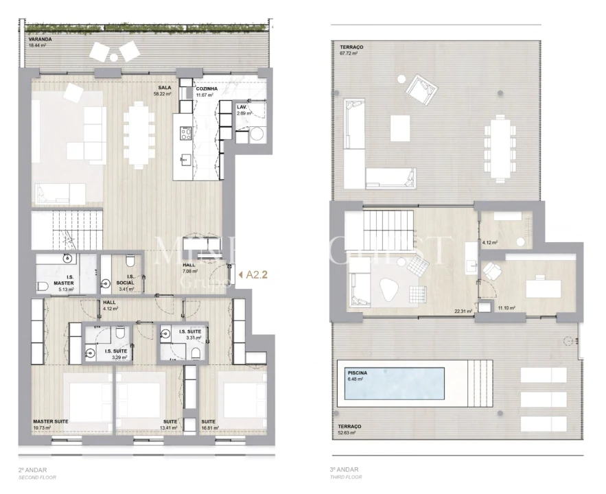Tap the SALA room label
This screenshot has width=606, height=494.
pos(164,88)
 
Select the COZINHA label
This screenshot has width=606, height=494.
pos(207,89)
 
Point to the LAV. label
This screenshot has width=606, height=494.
pos(242,108)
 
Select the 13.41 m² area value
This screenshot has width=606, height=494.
pos(168,428)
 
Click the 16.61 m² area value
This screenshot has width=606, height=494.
pos(209,428)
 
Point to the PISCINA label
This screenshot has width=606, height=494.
pos(358,373)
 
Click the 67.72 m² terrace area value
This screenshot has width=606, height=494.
pos(349,53)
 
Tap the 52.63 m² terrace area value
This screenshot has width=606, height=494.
pos(349,433)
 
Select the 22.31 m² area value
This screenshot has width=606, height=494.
pos(463,311)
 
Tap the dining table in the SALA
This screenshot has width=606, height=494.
pos(139,135)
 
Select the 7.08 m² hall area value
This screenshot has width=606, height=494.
pos(190,272)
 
